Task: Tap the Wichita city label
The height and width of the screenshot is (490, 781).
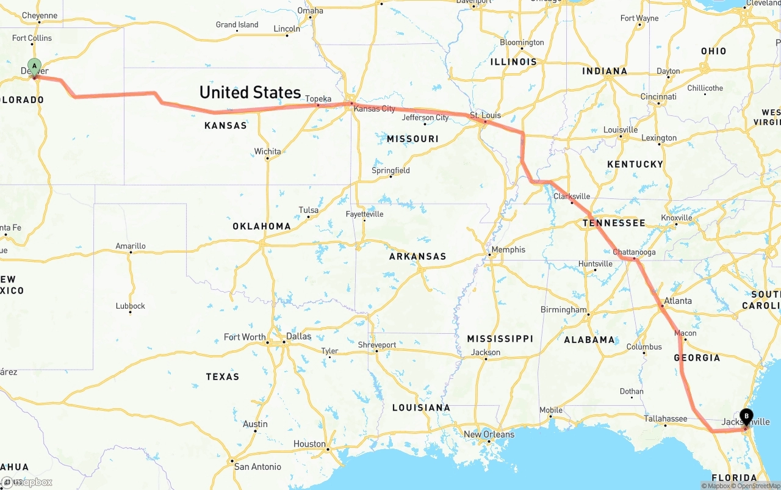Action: (268, 151)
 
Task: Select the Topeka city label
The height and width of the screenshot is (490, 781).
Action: (318, 99)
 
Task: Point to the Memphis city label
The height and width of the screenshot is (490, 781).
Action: (508, 250)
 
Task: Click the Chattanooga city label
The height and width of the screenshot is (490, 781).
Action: (634, 252)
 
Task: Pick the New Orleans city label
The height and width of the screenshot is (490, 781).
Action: (489, 434)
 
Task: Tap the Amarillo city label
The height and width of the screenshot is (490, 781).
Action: (131, 246)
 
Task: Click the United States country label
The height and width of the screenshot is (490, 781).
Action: (250, 92)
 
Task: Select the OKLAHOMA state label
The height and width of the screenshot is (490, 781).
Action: (262, 226)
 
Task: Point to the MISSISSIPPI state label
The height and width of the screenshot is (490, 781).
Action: (500, 339)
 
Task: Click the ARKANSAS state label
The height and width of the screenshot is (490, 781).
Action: (417, 256)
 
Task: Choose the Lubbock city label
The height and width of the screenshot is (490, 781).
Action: (131, 306)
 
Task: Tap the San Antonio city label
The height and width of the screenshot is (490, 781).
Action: (257, 467)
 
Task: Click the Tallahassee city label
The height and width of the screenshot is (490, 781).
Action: (666, 419)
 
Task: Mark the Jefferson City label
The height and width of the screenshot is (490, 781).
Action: (425, 118)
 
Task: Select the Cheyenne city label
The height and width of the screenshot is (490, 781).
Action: (39, 16)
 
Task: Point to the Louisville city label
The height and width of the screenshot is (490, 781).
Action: (621, 130)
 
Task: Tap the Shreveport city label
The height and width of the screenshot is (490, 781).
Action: (376, 345)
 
